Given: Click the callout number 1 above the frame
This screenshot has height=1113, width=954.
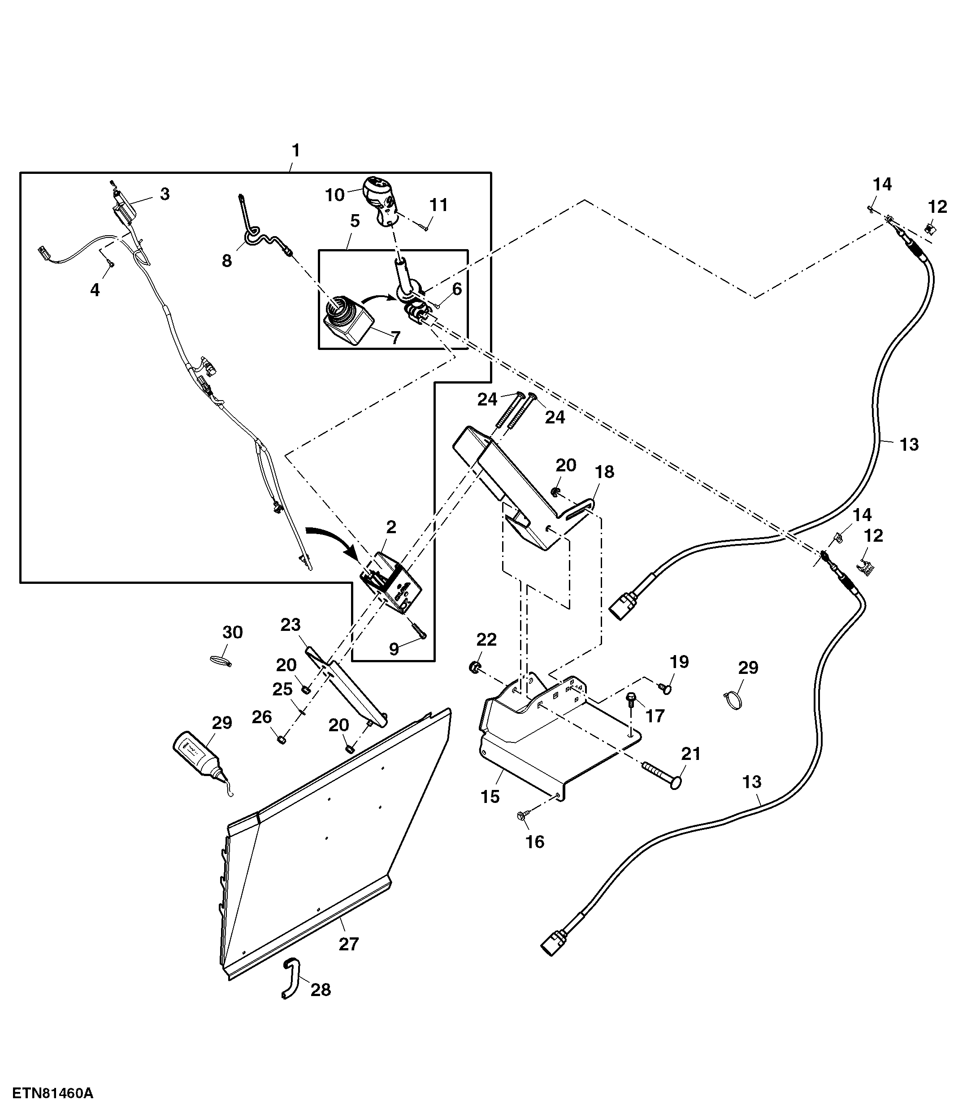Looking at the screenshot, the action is pyautogui.click(x=295, y=151).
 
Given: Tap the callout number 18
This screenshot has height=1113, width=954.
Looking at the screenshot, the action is pyautogui.click(x=605, y=472).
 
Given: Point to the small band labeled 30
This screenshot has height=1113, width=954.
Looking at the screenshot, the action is pyautogui.click(x=219, y=660).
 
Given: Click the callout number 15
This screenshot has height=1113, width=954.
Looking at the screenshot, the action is pyautogui.click(x=490, y=796).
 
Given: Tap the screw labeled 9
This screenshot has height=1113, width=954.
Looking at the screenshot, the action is pyautogui.click(x=419, y=629).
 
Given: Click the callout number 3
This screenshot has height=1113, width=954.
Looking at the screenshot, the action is pyautogui.click(x=165, y=194).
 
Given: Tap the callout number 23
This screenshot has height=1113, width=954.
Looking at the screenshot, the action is pyautogui.click(x=291, y=625).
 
